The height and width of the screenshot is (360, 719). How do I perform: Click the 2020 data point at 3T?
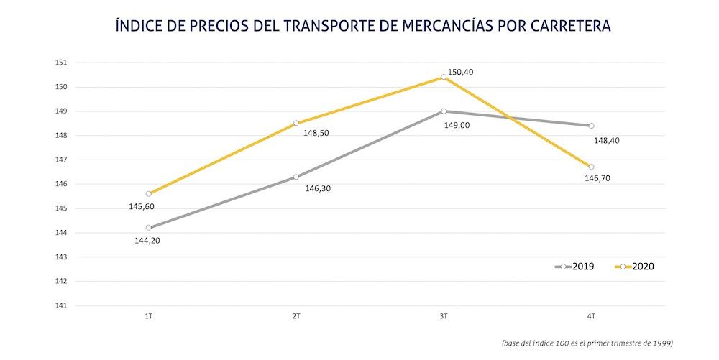(x=444, y=77)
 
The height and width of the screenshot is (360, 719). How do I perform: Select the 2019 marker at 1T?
(x=149, y=228)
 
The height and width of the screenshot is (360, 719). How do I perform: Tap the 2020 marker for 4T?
(x=591, y=167)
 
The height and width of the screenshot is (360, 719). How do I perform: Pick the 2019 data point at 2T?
(x=296, y=177)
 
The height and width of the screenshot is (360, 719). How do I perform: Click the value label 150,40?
(x=461, y=72)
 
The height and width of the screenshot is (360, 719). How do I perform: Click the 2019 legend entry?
(x=575, y=267)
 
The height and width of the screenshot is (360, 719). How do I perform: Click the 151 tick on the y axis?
(x=61, y=63)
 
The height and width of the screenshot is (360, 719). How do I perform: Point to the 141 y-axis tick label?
(x=61, y=305)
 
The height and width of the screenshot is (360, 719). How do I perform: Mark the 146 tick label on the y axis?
(x=61, y=184)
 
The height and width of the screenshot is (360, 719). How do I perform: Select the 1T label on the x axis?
(x=149, y=316)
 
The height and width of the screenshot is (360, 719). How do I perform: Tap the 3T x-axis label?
(x=444, y=316)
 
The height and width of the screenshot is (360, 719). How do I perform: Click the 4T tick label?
(x=591, y=316)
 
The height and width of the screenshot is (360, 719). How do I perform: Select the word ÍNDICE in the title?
(x=139, y=26)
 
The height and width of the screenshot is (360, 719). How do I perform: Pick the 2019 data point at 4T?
(x=591, y=126)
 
